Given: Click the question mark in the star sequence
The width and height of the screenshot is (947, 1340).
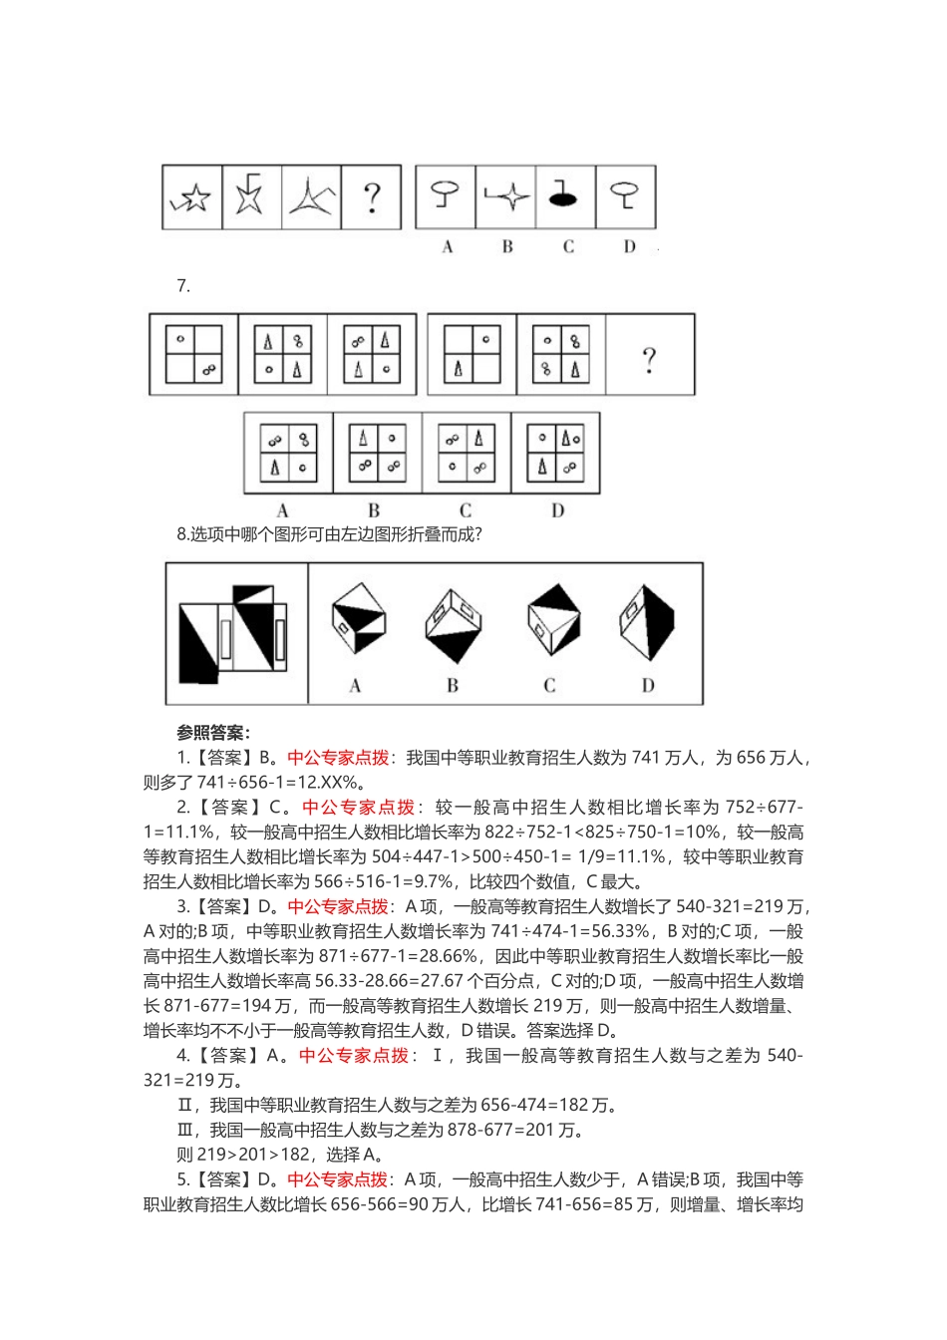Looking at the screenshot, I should [372, 197].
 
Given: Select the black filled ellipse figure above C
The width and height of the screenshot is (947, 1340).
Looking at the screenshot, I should [564, 195].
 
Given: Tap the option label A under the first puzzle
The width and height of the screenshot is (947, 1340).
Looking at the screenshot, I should [448, 246].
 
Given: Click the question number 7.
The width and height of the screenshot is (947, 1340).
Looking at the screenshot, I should [183, 286].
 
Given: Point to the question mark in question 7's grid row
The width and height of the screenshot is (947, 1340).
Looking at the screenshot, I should [650, 358].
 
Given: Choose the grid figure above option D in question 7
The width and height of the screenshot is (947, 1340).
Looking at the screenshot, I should [556, 453].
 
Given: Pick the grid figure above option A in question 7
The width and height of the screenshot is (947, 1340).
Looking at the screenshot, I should [288, 453].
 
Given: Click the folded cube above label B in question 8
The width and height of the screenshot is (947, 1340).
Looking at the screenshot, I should [454, 626].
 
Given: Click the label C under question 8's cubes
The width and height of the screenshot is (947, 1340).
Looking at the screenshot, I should [549, 685].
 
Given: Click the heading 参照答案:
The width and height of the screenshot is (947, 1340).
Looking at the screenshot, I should [213, 733].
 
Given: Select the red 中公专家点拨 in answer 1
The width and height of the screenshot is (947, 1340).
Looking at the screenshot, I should [338, 758].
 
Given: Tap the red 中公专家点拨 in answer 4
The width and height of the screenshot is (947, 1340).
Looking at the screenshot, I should [354, 1056].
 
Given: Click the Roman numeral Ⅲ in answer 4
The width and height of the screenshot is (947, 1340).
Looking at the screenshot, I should [184, 1130].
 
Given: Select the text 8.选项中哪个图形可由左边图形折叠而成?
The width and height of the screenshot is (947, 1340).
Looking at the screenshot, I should [330, 534].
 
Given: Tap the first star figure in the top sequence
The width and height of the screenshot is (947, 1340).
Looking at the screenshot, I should [191, 197].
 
